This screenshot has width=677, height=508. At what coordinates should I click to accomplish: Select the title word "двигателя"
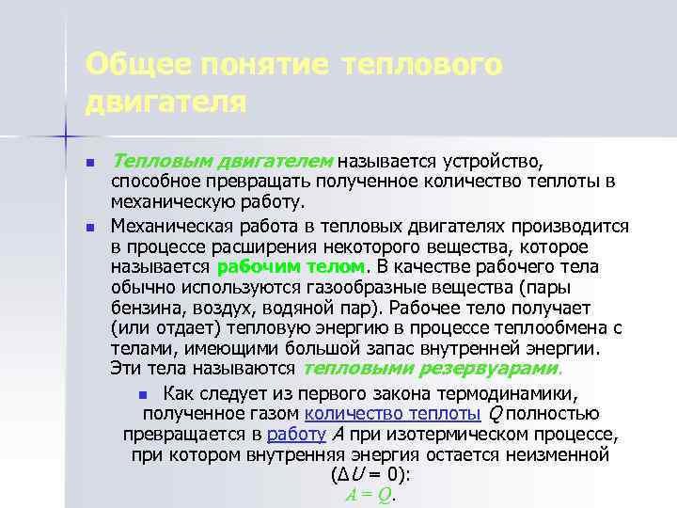click(x=165, y=100)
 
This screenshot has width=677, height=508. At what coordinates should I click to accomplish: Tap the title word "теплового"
click(x=424, y=66)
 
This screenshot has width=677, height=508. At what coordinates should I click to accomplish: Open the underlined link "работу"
click(x=295, y=434)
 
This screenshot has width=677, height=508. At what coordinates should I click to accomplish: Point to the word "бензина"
click(x=142, y=307)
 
